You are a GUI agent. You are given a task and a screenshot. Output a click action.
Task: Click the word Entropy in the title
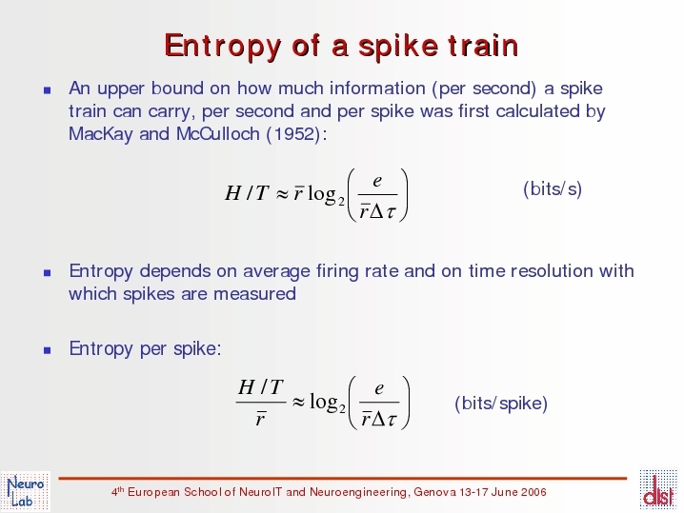pos(223,46)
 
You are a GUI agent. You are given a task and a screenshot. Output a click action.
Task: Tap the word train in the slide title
pos(483,45)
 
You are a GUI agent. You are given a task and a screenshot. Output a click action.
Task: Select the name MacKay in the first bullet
pos(100,134)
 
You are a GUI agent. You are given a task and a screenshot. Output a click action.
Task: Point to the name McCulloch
pos(218,134)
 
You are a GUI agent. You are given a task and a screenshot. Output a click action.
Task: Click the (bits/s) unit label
pos(553,188)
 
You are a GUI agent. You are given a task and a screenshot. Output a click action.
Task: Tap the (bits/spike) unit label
pos(501,404)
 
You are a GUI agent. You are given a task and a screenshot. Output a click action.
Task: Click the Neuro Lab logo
pos(26,492)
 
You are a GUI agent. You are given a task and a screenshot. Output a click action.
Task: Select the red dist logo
pos(659,490)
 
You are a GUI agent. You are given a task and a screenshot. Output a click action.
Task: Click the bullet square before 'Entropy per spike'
pos(48,350)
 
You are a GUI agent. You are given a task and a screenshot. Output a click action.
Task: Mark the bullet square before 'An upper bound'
pos(48,90)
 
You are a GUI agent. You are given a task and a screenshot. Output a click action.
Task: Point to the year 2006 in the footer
pos(533,492)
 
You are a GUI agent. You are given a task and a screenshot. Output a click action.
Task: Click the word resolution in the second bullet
pos(552,271)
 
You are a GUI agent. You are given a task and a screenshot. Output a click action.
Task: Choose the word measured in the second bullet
pos(254,294)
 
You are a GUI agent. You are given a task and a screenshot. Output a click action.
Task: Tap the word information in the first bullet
pos(377,89)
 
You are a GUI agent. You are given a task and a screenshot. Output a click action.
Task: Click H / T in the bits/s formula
pos(247,193)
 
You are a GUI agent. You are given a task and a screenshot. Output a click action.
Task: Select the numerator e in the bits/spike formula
pos(379,388)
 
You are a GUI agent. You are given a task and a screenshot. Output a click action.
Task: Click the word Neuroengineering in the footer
pos(359,492)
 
